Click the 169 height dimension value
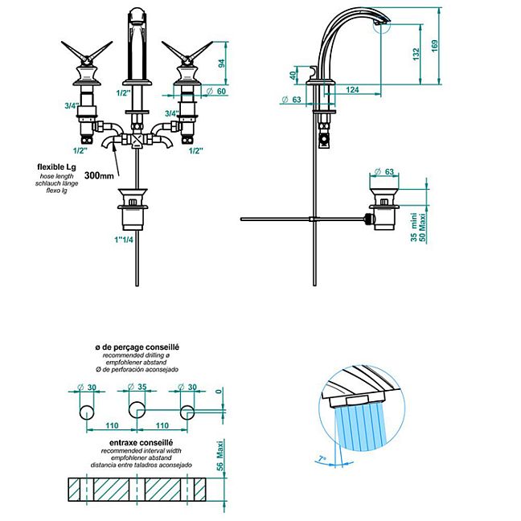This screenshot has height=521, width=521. click(x=434, y=46)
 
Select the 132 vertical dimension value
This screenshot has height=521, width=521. click(x=416, y=54)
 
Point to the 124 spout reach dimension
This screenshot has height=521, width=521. click(x=352, y=89)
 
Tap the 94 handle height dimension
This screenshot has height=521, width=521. click(x=221, y=64)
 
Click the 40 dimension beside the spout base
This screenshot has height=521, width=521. click(x=293, y=76)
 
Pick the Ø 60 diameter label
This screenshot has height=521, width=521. click(x=216, y=91)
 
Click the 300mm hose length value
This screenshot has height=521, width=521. click(x=99, y=175)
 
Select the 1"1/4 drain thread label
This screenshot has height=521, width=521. click(x=124, y=240)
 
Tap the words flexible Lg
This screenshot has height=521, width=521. click(x=56, y=166)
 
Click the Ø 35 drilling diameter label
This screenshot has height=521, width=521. click(x=137, y=387)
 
